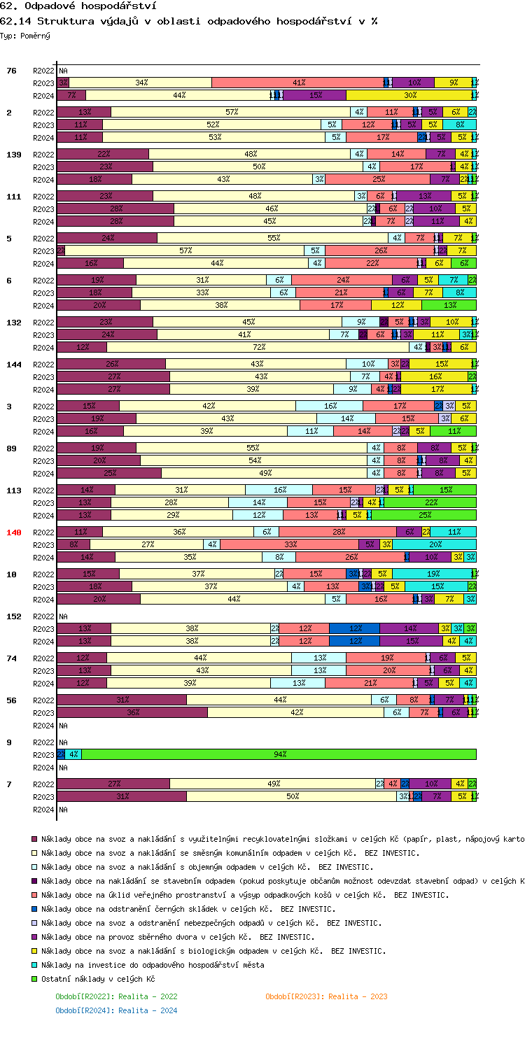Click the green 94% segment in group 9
pyautogui.click(x=280, y=754)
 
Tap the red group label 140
pyautogui.click(x=14, y=532)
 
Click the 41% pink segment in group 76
pyautogui.click(x=298, y=83)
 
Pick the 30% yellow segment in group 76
pyautogui.click(x=410, y=95)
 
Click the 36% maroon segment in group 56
pyautogui.click(x=132, y=712)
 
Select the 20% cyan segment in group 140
pyautogui.click(x=435, y=544)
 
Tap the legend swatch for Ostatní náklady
pyautogui.click(x=34, y=979)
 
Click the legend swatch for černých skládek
pyautogui.click(x=34, y=909)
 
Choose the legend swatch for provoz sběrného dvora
pyautogui.click(x=34, y=937)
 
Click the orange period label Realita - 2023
pyautogui.click(x=326, y=996)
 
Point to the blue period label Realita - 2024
pyautogui.click(x=116, y=1010)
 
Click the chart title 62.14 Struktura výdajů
pyautogui.click(x=189, y=21)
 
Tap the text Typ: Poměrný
pyautogui.click(x=25, y=35)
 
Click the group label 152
pyautogui.click(x=14, y=616)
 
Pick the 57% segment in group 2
pyautogui.click(x=231, y=112)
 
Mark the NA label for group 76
pyautogui.click(x=64, y=71)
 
